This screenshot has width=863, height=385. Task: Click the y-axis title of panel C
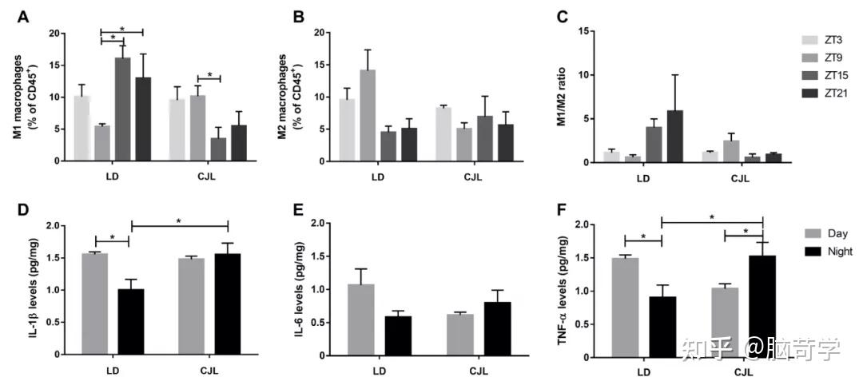point(568,96)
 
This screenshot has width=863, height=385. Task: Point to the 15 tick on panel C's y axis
point(590,31)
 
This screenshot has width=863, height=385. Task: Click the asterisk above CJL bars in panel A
point(209,76)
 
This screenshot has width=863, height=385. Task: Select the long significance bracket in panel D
point(180,227)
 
